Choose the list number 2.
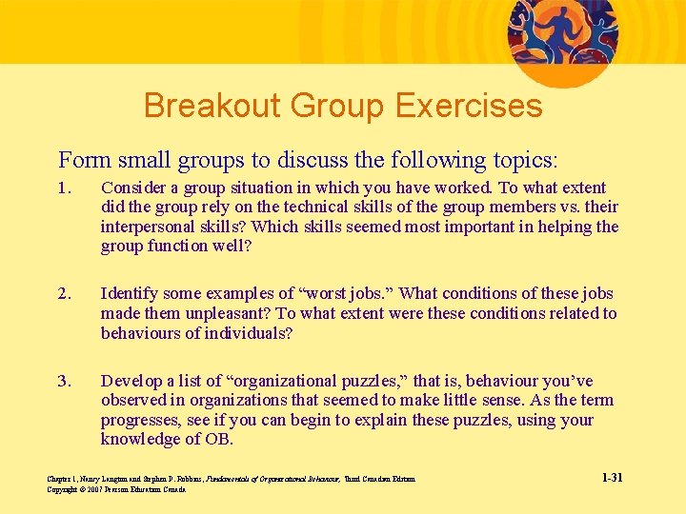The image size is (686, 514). (x=63, y=294)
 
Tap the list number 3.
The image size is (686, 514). (x=63, y=381)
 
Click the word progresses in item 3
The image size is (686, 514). (x=141, y=420)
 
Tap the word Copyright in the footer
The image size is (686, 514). (x=62, y=489)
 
